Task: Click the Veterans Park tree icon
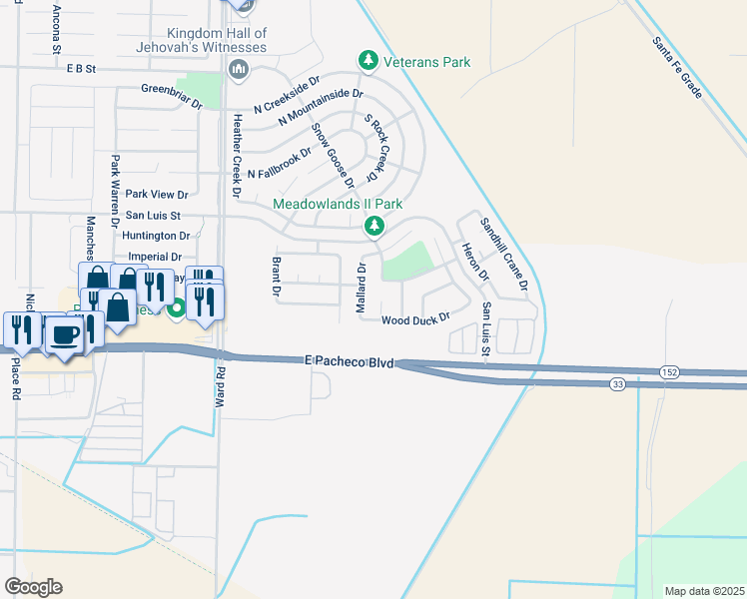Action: click(x=369, y=62)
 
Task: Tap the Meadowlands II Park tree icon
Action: click(x=374, y=228)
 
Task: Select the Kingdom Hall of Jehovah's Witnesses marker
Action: click(x=238, y=69)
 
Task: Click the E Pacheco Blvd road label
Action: click(x=349, y=359)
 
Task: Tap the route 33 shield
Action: click(x=619, y=383)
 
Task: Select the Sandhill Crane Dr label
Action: click(x=503, y=255)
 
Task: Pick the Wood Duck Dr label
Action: click(x=416, y=319)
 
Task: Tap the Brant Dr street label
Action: click(x=276, y=278)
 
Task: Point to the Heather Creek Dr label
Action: click(x=238, y=154)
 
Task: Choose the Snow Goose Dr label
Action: click(x=333, y=155)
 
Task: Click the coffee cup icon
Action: click(x=67, y=334)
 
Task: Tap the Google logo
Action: click(x=33, y=587)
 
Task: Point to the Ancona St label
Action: click(x=56, y=28)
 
